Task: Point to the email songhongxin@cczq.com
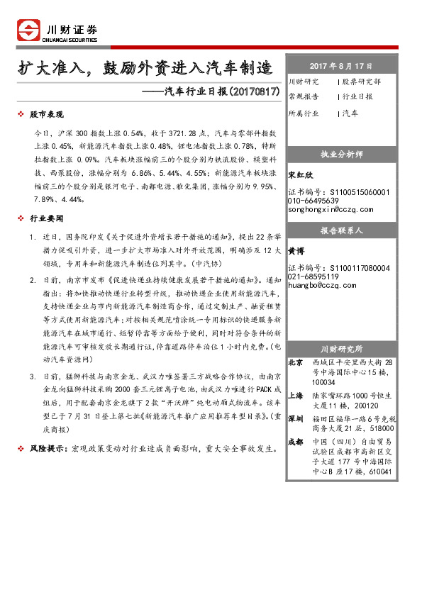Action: tap(331, 210)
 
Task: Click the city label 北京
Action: tap(296, 363)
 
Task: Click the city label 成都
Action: tap(296, 442)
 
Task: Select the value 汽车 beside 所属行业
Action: tap(350, 113)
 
